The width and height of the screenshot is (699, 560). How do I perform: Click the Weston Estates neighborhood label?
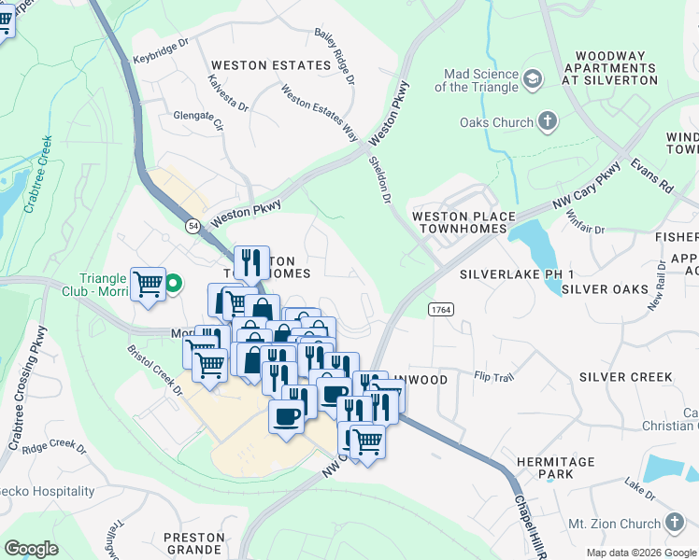point(271,65)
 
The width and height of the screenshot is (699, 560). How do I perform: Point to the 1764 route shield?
point(441,308)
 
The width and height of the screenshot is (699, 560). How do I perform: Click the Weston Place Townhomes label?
point(464,222)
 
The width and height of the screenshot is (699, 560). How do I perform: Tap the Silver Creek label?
point(625,377)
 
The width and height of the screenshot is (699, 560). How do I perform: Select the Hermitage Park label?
point(567,469)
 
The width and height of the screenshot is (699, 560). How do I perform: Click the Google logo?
point(31,549)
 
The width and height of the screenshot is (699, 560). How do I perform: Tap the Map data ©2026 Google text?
point(641,553)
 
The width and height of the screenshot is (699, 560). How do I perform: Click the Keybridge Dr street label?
point(161,56)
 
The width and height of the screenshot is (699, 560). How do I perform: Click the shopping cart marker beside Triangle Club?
point(149,284)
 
